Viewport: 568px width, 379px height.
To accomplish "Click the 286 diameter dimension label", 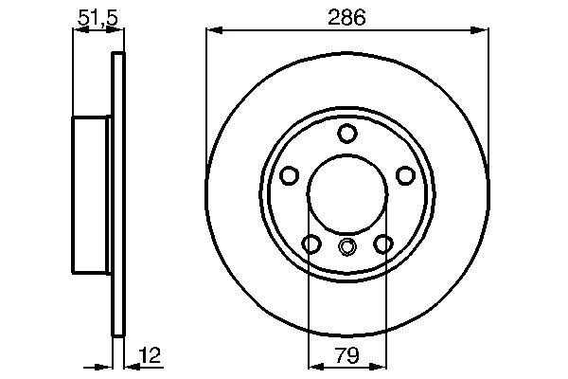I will [347, 17].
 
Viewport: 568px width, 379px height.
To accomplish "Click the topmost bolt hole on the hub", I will [347, 133].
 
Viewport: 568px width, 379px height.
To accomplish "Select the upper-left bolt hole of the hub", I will [290, 175].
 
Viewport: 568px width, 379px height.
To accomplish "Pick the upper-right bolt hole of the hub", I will [405, 175].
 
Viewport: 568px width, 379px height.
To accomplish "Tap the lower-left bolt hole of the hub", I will [311, 244].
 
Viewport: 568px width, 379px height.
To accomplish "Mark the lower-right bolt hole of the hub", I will [383, 244].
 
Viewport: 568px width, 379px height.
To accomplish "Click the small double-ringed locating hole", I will [347, 249].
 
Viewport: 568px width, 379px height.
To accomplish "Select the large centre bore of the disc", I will [347, 194].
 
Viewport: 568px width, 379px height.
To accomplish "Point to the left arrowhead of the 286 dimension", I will [213, 32].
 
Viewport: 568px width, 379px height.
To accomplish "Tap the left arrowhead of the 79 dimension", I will [315, 364].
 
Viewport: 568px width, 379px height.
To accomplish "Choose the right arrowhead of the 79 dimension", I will [380, 364].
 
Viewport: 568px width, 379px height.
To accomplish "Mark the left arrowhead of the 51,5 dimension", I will [79, 32].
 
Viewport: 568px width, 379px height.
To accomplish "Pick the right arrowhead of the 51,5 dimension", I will [117, 32].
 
